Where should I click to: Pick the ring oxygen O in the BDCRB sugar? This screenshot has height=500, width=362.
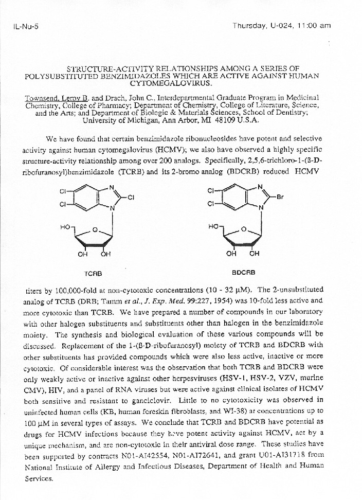243,229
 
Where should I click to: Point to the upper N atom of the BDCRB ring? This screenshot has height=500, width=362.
260,187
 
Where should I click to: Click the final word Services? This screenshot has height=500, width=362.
38,478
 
